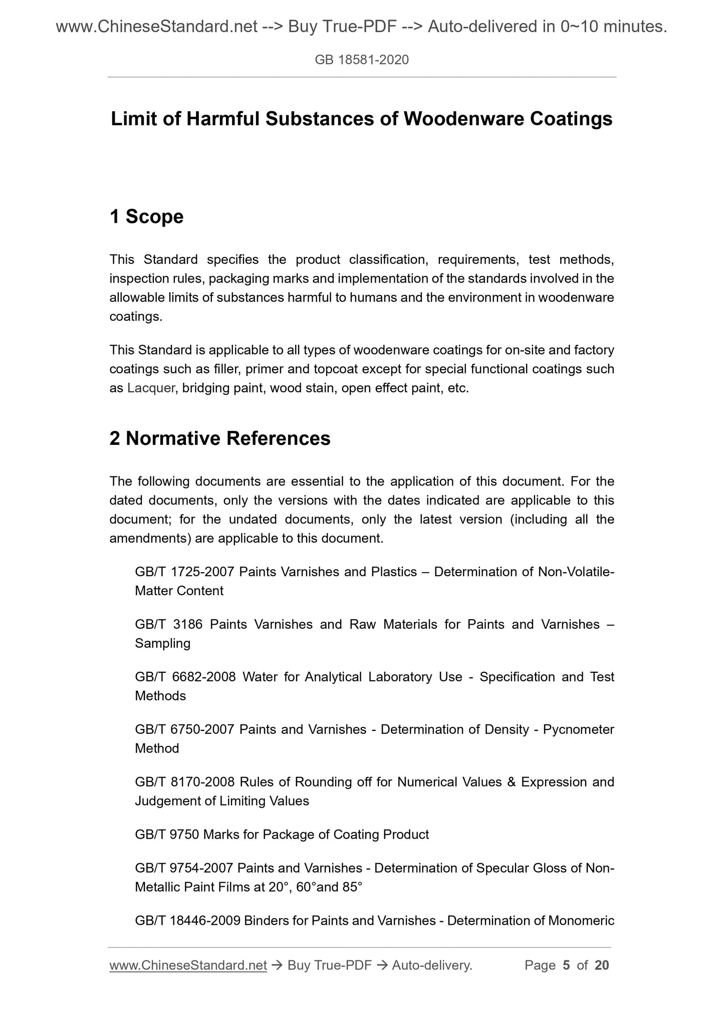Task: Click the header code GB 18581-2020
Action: (361, 60)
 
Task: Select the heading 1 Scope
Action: (146, 216)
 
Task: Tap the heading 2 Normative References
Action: (220, 438)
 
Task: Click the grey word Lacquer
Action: (151, 388)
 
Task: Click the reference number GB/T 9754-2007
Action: (184, 868)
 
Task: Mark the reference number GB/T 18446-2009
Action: (187, 921)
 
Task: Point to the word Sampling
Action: (163, 643)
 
